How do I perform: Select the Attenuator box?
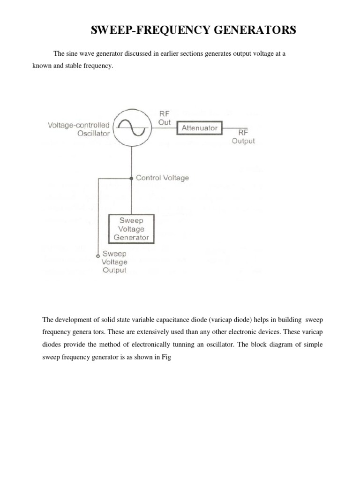(x=200, y=127)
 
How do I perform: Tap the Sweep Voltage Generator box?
(x=132, y=229)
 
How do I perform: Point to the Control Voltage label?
(x=162, y=178)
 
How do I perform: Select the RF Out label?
(x=165, y=117)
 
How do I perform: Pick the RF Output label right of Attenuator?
(x=243, y=136)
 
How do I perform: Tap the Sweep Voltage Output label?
(x=115, y=262)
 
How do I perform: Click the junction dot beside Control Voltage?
(x=132, y=178)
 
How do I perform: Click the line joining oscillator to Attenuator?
(x=163, y=127)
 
